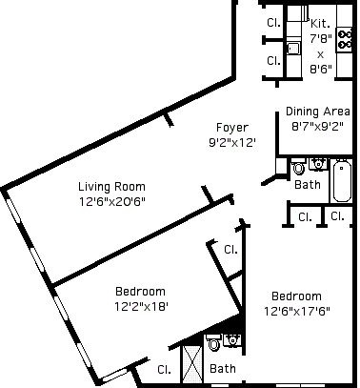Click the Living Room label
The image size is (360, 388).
click(111, 187)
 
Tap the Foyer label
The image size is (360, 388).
click(232, 128)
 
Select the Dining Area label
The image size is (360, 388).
click(318, 112)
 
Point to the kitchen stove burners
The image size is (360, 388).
click(345, 39)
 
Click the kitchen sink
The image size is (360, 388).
click(293, 49)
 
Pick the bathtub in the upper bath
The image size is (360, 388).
click(342, 180)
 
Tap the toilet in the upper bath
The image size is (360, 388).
click(298, 167)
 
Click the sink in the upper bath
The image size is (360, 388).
click(318, 164)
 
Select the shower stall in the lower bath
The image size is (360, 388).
click(192, 364)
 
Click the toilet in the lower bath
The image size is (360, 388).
click(213, 342)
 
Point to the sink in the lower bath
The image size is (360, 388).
click(232, 340)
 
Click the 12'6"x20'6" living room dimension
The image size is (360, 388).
click(112, 201)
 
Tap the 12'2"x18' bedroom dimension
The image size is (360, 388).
click(141, 306)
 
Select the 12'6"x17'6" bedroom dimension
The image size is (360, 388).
click(297, 311)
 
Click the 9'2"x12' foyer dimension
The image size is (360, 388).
click(232, 142)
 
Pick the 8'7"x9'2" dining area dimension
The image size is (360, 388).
click(317, 127)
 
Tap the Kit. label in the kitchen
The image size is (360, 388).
click(320, 23)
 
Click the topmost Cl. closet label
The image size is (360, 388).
click(273, 22)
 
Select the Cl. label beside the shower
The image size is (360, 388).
click(164, 370)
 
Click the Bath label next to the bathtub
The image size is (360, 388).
click(308, 185)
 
